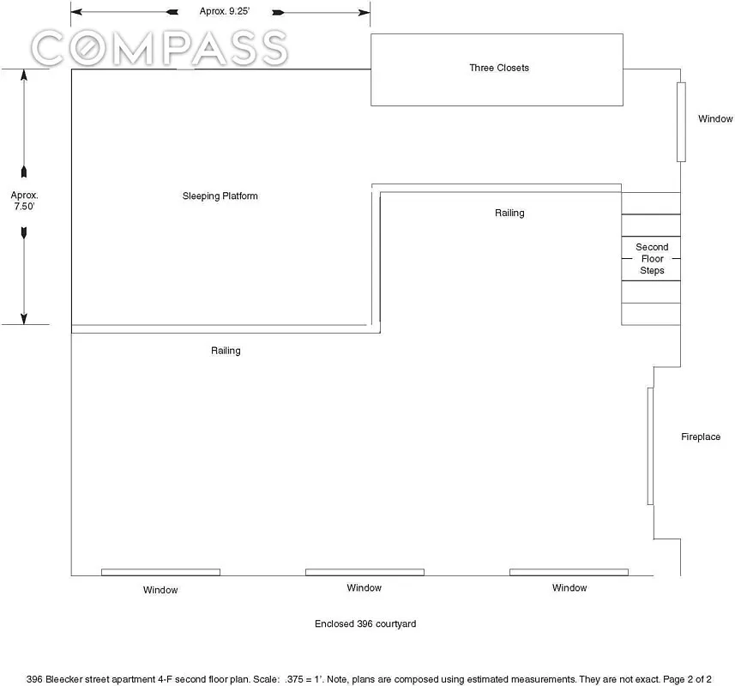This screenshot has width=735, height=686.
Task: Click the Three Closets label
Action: (x=499, y=68)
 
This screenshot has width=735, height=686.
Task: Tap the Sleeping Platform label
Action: (x=220, y=196)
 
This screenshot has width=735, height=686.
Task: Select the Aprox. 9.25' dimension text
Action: (x=225, y=11)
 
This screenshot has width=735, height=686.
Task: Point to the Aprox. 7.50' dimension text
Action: (x=24, y=201)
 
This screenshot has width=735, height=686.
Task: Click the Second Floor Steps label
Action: (x=652, y=259)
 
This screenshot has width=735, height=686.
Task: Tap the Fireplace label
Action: (x=701, y=436)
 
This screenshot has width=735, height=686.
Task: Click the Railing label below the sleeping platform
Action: (x=226, y=351)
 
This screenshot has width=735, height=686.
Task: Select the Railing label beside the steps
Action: (x=509, y=213)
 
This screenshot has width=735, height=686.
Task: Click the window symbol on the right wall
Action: (x=681, y=123)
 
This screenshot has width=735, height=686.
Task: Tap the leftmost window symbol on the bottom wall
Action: (x=160, y=572)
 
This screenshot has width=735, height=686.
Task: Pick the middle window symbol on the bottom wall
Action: (x=364, y=572)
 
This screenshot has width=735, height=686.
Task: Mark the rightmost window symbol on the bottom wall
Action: (x=569, y=572)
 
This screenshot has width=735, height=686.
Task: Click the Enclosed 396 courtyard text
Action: (x=365, y=623)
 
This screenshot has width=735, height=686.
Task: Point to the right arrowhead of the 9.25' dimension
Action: (x=364, y=13)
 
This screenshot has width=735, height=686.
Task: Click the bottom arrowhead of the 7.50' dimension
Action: (x=24, y=318)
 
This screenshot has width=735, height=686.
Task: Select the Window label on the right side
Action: (x=715, y=118)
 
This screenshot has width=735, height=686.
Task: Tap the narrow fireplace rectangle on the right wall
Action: (x=650, y=446)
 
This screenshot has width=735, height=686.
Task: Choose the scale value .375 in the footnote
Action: (x=294, y=679)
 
